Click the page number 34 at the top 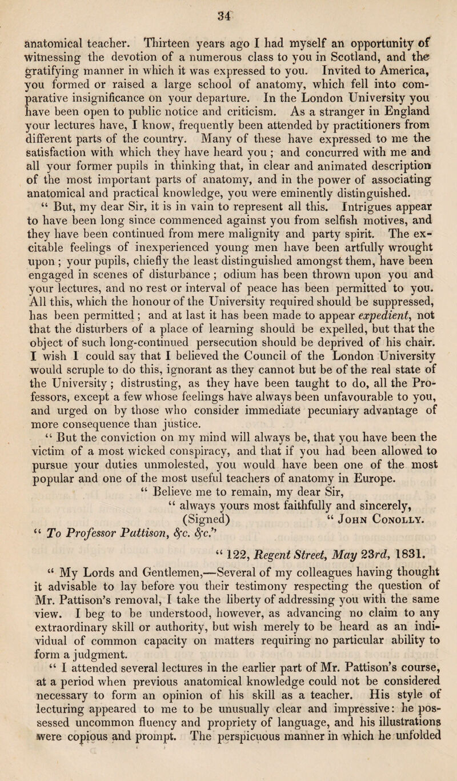coord(230,9)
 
